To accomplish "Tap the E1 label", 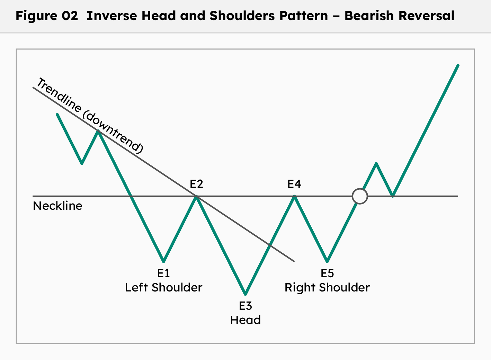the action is point(163,273).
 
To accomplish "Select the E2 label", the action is point(196,184).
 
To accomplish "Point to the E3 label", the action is point(245,306).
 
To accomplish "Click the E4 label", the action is point(294,184).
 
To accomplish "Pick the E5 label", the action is point(327,273).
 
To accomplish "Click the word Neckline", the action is point(57,206).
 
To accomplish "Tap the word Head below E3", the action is point(245,320).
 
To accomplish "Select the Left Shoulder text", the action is point(163,287).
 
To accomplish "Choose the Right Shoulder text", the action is point(327,287).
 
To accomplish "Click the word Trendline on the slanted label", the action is point(59,95).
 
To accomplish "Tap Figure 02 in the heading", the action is point(47,16).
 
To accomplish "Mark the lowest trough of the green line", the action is point(245,294).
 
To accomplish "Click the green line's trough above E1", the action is point(163,261).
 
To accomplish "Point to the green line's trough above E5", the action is point(327,261).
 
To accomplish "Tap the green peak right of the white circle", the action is point(376,164).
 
